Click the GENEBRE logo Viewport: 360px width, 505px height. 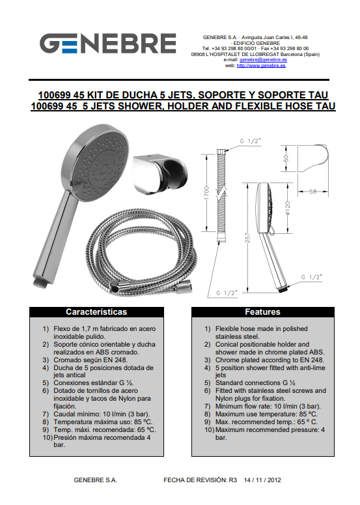(x=108, y=43)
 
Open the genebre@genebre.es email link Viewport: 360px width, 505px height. (x=263, y=59)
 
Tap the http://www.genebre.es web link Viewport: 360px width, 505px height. (x=261, y=65)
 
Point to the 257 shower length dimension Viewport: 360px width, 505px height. (x=247, y=238)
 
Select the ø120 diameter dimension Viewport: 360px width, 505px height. (x=288, y=208)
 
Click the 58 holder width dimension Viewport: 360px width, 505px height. (x=312, y=192)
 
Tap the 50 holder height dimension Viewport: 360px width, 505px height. (x=286, y=158)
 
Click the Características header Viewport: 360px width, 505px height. (x=96, y=311)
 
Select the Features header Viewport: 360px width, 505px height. (x=262, y=311)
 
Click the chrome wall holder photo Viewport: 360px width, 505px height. (x=159, y=174)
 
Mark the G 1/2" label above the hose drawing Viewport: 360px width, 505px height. (x=250, y=141)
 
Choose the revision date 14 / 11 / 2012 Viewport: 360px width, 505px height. (x=262, y=480)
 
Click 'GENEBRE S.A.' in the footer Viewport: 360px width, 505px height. (x=95, y=480)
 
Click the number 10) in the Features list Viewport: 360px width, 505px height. (x=209, y=429)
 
